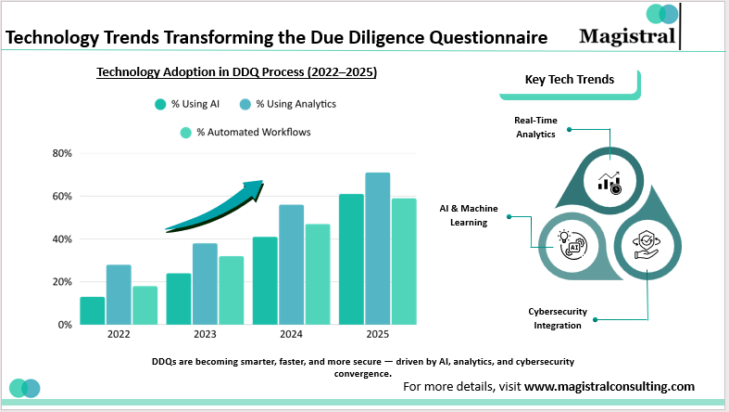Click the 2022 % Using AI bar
click(x=92, y=311)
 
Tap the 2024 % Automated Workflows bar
click(x=318, y=274)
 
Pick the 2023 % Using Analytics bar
click(x=205, y=284)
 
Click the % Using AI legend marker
click(x=159, y=104)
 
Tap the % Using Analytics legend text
click(x=295, y=104)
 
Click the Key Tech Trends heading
click(x=569, y=80)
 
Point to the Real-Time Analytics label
click(x=535, y=127)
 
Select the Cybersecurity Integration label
click(x=555, y=318)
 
